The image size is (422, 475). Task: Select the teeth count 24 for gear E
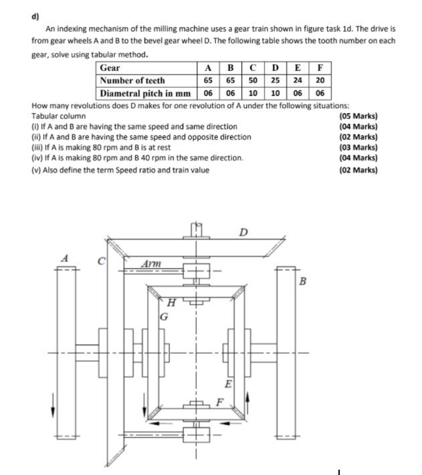point(297,80)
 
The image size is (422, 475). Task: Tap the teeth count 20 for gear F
point(320,80)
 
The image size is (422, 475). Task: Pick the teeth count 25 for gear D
point(275,80)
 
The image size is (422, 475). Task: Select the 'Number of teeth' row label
point(132,80)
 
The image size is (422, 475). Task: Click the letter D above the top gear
point(245,233)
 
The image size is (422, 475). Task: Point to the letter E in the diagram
point(229,384)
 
